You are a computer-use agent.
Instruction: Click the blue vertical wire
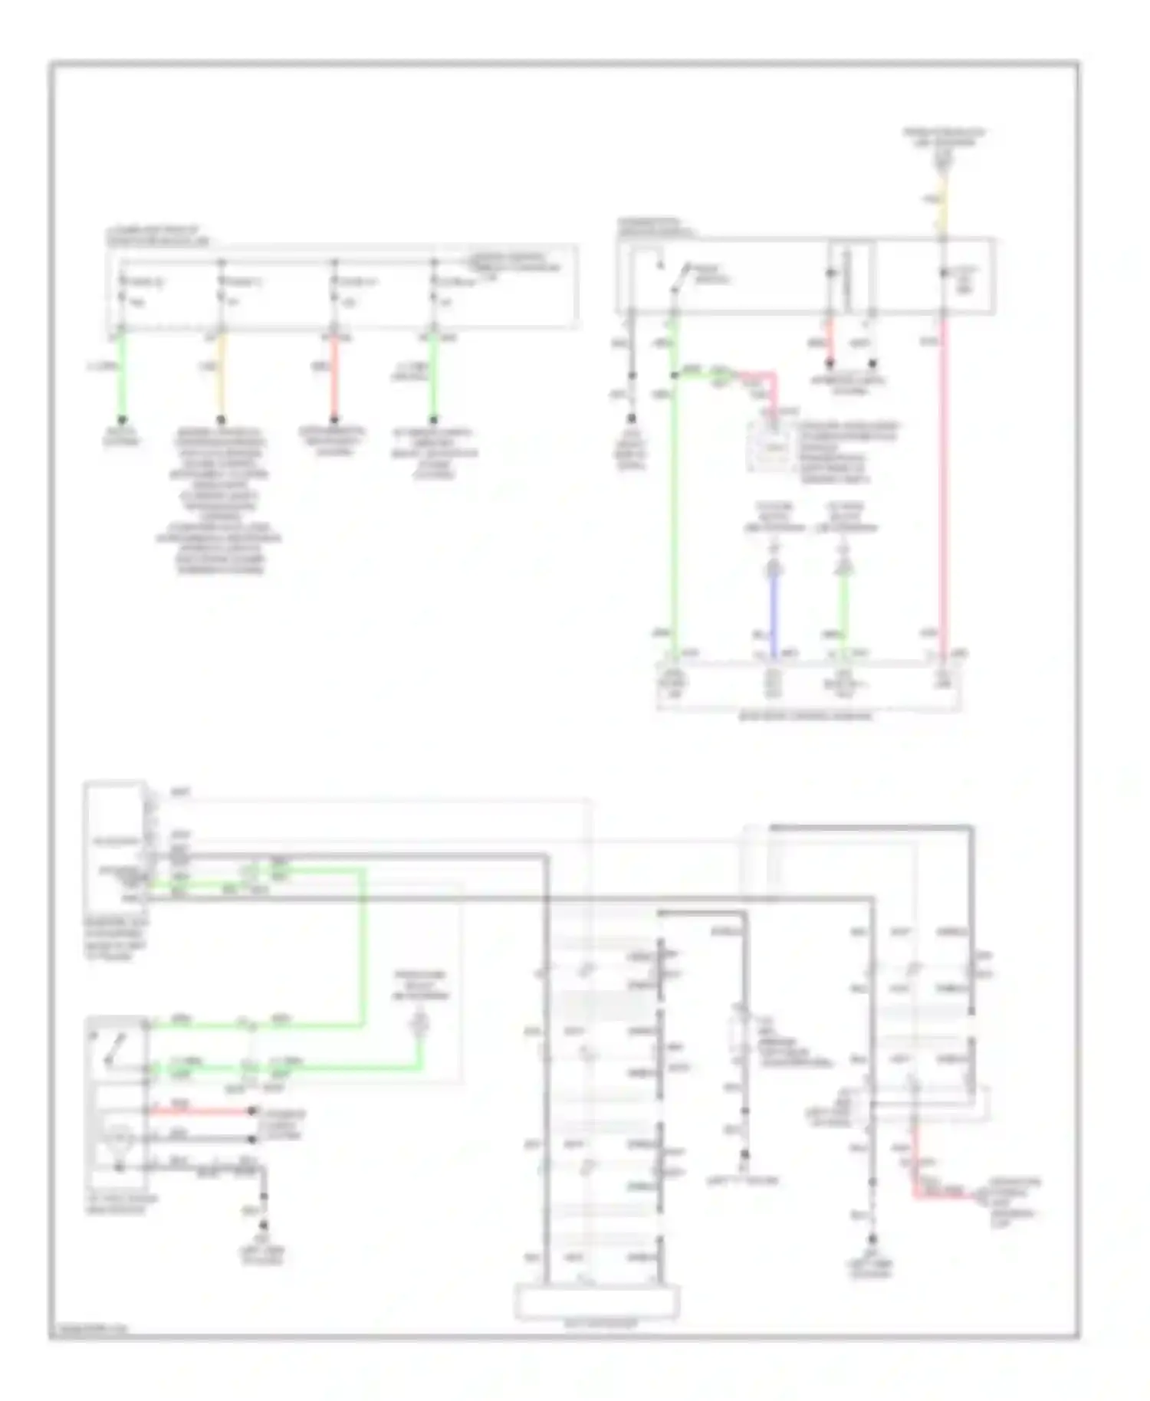[774, 613]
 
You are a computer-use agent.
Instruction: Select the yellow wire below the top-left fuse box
[221, 376]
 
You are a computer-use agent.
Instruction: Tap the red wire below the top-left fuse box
[333, 376]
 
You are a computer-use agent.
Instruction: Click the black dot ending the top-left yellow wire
[221, 420]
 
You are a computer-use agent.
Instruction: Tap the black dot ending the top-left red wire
[333, 420]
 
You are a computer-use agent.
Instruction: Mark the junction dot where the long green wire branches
[674, 375]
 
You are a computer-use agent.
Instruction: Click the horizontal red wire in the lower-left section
[199, 1111]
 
